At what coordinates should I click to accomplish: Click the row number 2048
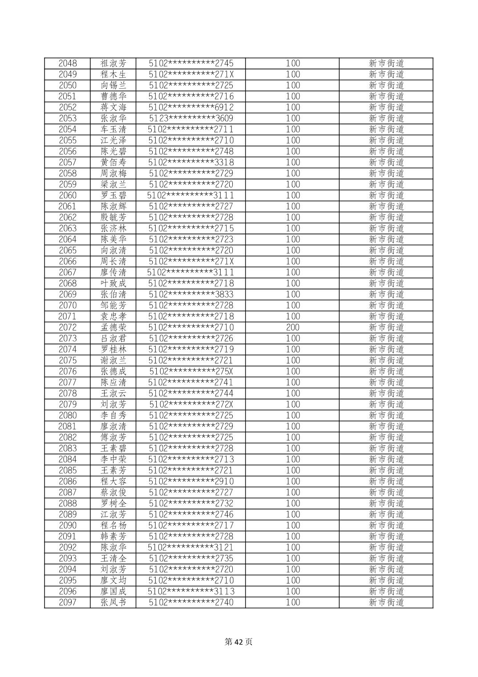click(x=67, y=63)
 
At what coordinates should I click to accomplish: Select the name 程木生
click(x=113, y=74)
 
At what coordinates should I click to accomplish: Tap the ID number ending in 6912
click(x=191, y=107)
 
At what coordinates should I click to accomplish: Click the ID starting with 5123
click(x=191, y=118)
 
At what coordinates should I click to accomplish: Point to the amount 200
click(x=292, y=327)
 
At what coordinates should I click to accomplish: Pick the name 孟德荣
click(x=113, y=327)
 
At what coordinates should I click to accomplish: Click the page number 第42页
click(x=239, y=642)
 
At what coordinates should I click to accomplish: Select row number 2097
click(x=67, y=603)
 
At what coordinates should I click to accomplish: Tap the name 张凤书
click(x=113, y=603)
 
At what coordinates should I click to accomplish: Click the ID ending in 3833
click(x=191, y=294)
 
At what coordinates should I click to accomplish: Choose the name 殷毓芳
click(x=113, y=217)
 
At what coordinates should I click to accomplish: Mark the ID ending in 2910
click(x=191, y=481)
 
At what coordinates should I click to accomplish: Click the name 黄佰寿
click(x=113, y=163)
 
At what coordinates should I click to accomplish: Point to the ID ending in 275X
click(x=191, y=371)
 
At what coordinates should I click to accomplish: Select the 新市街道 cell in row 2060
click(x=386, y=196)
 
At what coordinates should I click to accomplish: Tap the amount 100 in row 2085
click(x=292, y=470)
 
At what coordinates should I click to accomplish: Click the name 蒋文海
click(x=113, y=107)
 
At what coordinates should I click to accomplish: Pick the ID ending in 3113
click(x=191, y=591)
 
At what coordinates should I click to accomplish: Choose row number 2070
click(x=67, y=306)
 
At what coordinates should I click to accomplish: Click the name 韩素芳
click(x=113, y=537)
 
